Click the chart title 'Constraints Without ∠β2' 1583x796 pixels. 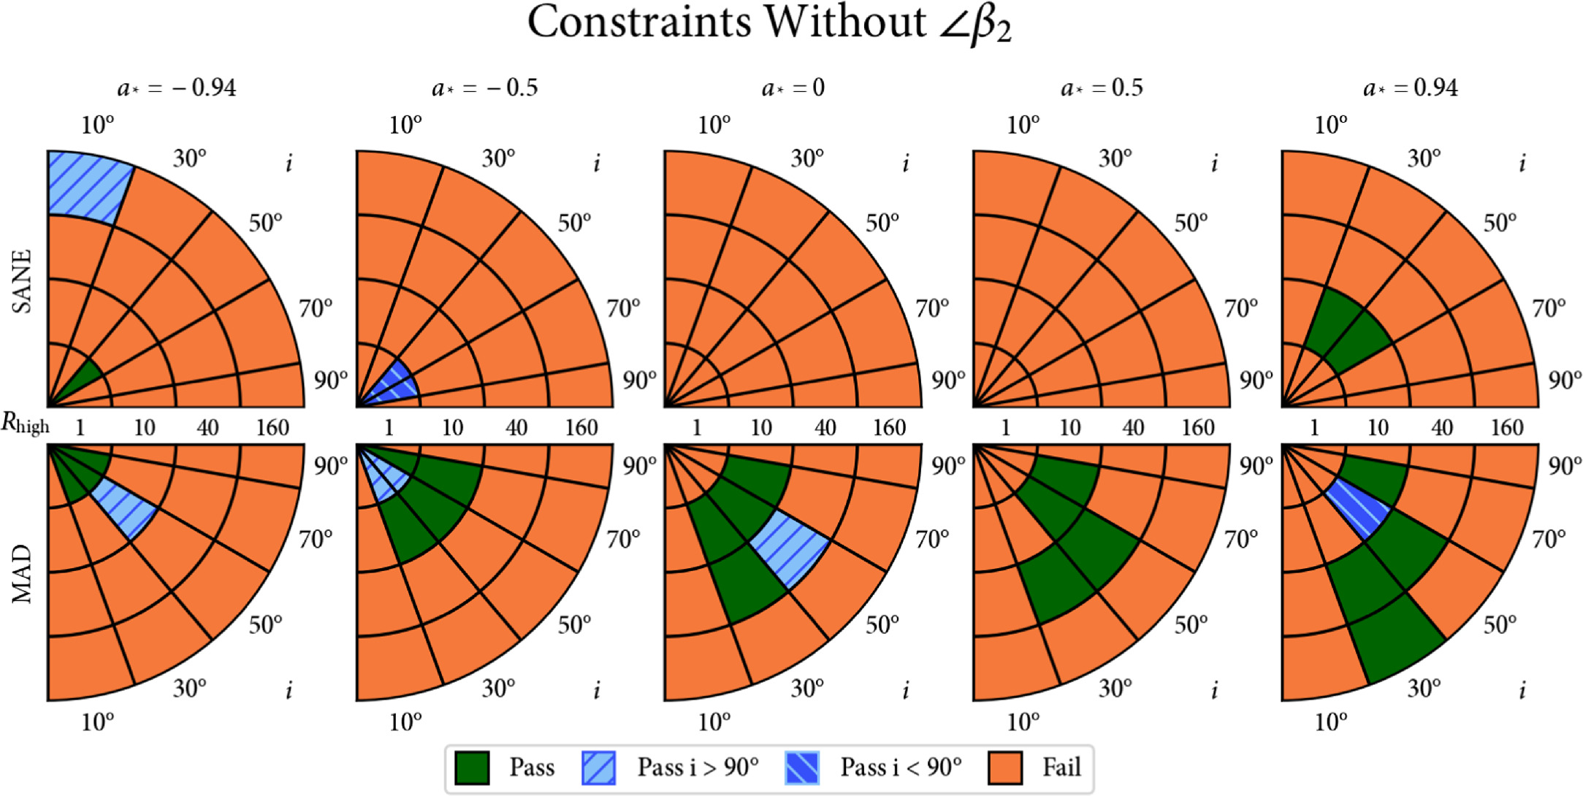click(x=769, y=23)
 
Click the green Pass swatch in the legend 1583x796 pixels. click(x=471, y=768)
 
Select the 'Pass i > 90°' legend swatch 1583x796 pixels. click(x=598, y=768)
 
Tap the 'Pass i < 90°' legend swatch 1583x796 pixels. click(x=801, y=768)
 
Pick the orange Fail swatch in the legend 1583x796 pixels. click(x=1004, y=768)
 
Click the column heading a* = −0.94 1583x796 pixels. click(x=177, y=88)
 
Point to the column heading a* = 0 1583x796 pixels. click(x=793, y=88)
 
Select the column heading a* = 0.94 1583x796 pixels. click(x=1410, y=88)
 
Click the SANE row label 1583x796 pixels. click(x=23, y=281)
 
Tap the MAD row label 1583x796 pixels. click(x=23, y=573)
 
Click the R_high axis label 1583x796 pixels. click(x=25, y=424)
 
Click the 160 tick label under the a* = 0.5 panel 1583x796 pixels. click(x=1198, y=427)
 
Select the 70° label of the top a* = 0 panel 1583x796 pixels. click(x=932, y=309)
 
